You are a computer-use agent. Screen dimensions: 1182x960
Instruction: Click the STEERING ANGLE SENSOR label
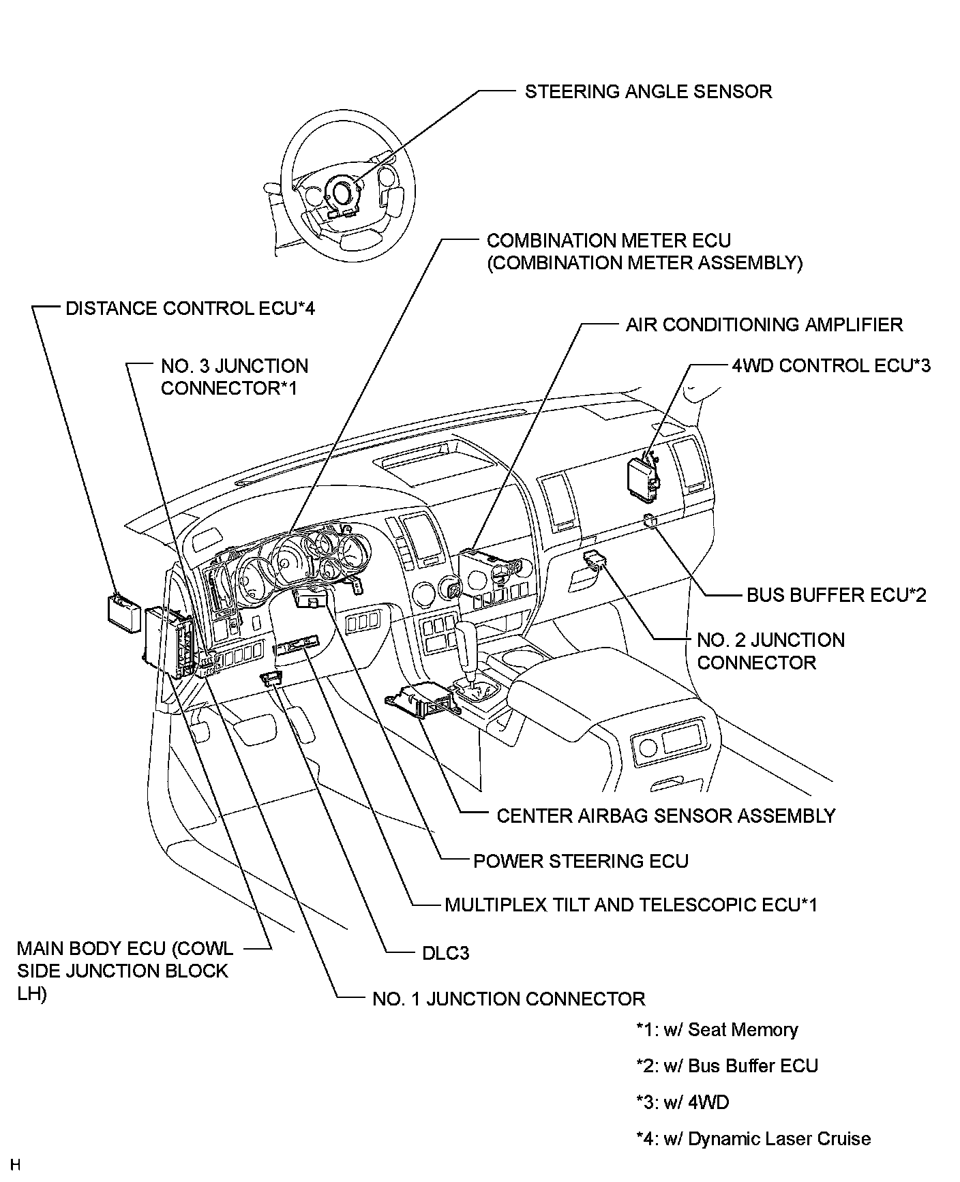click(x=648, y=92)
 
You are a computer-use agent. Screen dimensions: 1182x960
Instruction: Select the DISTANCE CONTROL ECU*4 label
click(x=190, y=309)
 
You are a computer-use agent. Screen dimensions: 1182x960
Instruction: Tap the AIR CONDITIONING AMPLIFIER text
click(x=764, y=324)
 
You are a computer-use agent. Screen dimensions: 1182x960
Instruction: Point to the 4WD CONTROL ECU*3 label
click(x=830, y=366)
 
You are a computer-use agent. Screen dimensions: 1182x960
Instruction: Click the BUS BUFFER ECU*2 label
click(x=837, y=595)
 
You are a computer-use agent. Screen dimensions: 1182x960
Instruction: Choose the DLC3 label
click(x=445, y=952)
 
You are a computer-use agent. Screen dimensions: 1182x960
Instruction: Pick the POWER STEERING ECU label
click(x=580, y=861)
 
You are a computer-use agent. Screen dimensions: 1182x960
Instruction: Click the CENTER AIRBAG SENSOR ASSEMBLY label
click(x=665, y=816)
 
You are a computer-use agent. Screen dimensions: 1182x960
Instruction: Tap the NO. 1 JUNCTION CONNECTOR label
click(x=508, y=999)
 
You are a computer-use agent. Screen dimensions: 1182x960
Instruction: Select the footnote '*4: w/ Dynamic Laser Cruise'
click(x=753, y=1138)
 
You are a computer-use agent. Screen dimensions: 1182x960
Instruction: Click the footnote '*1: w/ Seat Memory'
click(x=716, y=1029)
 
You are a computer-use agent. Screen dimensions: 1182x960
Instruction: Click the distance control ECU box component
click(x=123, y=609)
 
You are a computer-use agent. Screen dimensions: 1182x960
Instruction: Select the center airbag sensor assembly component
click(x=419, y=702)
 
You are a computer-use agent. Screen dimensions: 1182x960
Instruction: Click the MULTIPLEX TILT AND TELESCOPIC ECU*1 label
click(x=631, y=905)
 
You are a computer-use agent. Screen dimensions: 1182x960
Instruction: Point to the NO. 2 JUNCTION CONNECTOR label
click(x=770, y=651)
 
